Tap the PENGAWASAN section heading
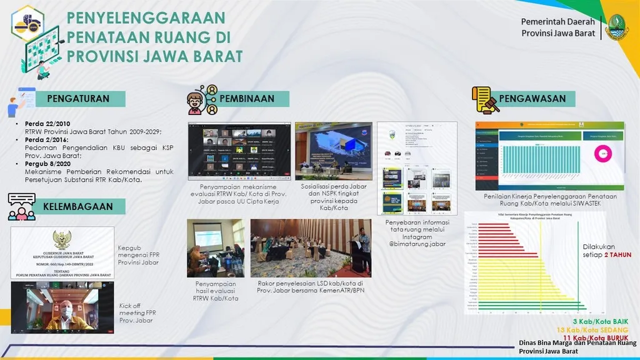pyautogui.click(x=532, y=98)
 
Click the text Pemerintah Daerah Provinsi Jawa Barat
pyautogui.click(x=557, y=27)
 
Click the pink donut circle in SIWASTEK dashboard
pyautogui.click(x=604, y=152)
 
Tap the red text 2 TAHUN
pyautogui.click(x=617, y=255)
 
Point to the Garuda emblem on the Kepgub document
pyautogui.click(x=62, y=239)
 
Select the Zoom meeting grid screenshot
pyautogui.click(x=239, y=151)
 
